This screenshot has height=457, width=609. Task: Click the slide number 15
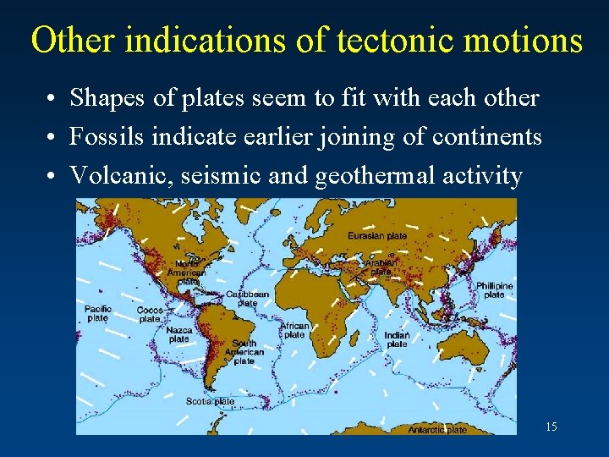click(x=551, y=427)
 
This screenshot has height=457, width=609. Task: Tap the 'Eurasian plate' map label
click(x=377, y=235)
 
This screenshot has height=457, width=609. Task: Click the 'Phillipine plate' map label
click(x=494, y=290)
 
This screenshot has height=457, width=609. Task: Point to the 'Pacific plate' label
click(x=97, y=313)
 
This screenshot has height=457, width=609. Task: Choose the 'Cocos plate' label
click(x=150, y=315)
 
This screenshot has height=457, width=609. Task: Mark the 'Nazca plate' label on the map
click(x=178, y=334)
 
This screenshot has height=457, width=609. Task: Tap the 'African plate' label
click(x=294, y=330)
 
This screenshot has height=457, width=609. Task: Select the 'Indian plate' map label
click(x=397, y=340)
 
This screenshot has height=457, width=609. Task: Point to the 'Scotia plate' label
click(x=210, y=401)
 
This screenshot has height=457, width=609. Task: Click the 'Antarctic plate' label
click(x=437, y=429)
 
